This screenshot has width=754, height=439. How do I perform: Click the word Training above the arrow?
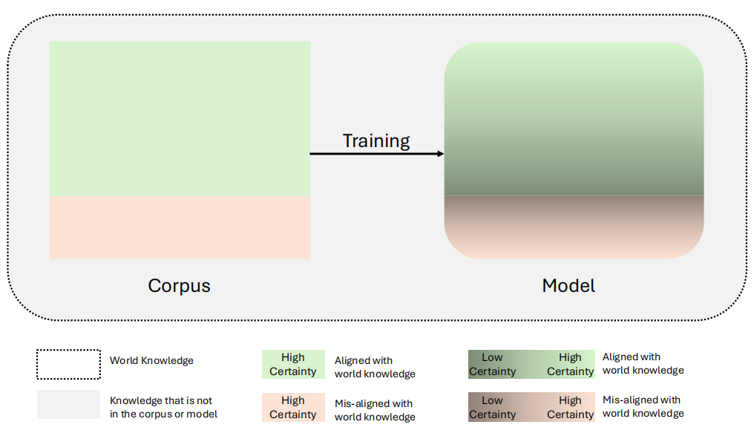tap(376, 140)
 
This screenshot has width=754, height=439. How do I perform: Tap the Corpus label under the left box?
tap(179, 285)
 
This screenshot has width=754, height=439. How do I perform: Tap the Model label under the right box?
tap(568, 285)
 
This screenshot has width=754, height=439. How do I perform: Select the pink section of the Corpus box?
tap(180, 227)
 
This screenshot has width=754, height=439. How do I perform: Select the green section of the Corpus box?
tap(180, 119)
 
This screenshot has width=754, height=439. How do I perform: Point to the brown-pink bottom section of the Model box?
tap(574, 227)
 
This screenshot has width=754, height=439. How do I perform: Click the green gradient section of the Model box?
tap(574, 119)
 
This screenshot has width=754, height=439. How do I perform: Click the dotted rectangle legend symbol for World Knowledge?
tap(68, 364)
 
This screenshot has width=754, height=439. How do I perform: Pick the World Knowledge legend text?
tap(151, 361)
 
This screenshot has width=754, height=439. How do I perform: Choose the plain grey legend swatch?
tap(68, 405)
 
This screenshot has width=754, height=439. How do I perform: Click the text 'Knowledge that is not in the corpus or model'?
tap(163, 407)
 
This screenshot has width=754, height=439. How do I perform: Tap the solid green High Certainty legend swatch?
tap(293, 365)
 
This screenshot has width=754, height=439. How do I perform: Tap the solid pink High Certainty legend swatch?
tap(293, 408)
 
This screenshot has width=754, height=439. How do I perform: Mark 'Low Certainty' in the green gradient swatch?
tap(492, 365)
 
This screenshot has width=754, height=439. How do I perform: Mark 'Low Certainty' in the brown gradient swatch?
tap(492, 408)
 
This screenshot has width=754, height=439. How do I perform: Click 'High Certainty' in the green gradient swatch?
tap(570, 365)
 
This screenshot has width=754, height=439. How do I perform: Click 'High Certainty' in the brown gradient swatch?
tap(570, 408)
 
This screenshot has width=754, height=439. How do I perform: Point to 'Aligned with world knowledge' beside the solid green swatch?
tap(375, 367)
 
